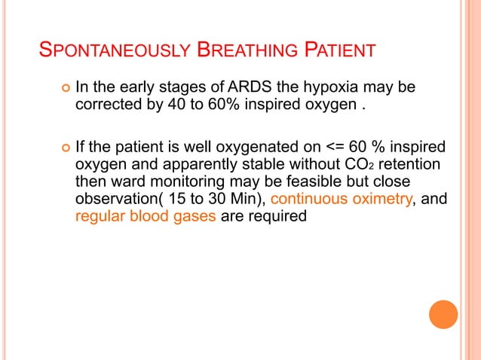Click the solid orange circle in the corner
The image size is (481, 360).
click(443, 314)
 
